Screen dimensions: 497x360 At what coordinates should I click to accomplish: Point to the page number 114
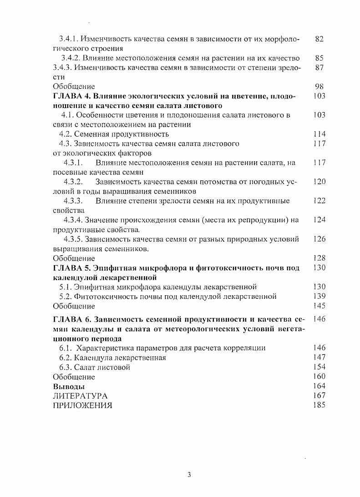[x=319, y=134]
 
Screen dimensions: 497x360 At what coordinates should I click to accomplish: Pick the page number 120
[x=319, y=182]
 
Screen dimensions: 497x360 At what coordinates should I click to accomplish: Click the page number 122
[x=319, y=201]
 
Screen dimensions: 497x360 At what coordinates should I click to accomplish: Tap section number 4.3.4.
[x=75, y=220]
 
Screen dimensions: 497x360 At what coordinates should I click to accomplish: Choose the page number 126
[x=319, y=239]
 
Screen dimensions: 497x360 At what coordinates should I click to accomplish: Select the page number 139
[x=319, y=297]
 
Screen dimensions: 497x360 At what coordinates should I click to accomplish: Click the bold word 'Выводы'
[x=66, y=386]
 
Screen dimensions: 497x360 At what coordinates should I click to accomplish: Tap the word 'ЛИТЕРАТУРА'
[x=80, y=396]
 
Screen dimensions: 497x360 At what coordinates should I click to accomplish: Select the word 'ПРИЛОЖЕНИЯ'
[x=82, y=405]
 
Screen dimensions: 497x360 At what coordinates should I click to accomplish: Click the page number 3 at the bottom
[x=189, y=475]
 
